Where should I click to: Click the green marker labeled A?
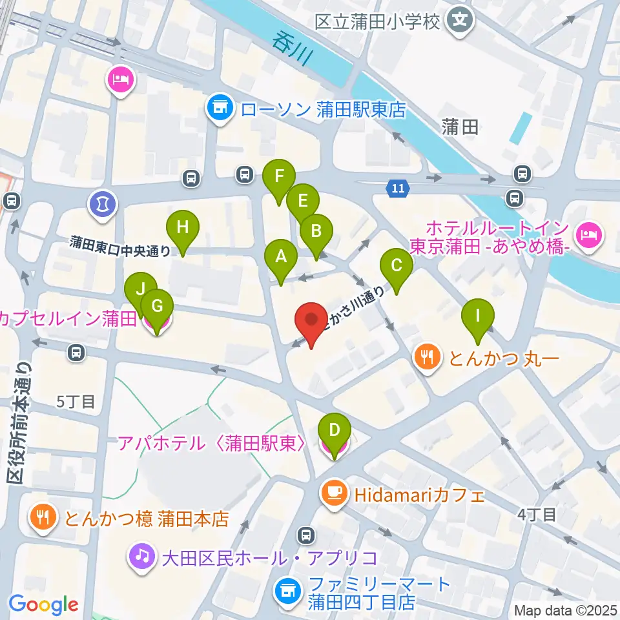coord(281,256)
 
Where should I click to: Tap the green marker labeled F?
coord(279,176)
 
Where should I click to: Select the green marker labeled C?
coord(397,265)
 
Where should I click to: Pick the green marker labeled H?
coord(183,227)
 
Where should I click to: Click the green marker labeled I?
coord(478,316)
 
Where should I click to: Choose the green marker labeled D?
coord(335,431)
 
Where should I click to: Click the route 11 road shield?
coord(398,189)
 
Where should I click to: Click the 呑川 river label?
coord(291,49)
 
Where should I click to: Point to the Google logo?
coord(43,604)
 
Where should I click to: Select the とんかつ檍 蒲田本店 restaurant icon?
coord(42,517)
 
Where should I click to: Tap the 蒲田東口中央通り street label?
coord(121,245)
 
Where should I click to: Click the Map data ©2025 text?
coord(564,610)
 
